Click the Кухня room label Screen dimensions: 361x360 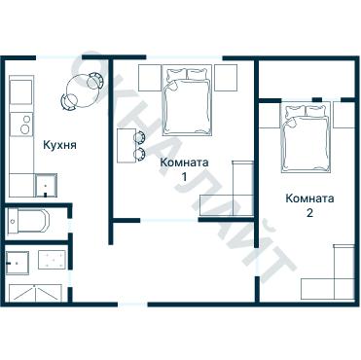coord(60,145)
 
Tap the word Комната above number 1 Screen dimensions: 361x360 coord(184,162)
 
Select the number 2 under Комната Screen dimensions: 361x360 coord(309,213)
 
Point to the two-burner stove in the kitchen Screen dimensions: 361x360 coord(21,125)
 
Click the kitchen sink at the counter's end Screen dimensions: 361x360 coord(46,185)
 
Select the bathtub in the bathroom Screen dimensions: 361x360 coord(28,221)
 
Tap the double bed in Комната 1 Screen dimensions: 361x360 coord(187,100)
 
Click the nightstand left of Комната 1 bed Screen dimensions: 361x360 coord(150,78)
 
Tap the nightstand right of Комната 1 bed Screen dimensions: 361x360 coord(226,78)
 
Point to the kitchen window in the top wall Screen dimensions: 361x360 coord(58,57)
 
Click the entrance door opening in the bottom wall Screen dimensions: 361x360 coord(132,305)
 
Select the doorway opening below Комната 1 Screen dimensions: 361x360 coord(169,220)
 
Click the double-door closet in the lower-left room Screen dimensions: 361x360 coord(35,293)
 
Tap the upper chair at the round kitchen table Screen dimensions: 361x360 coord(95,81)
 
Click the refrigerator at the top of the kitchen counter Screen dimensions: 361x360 coord(21,90)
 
